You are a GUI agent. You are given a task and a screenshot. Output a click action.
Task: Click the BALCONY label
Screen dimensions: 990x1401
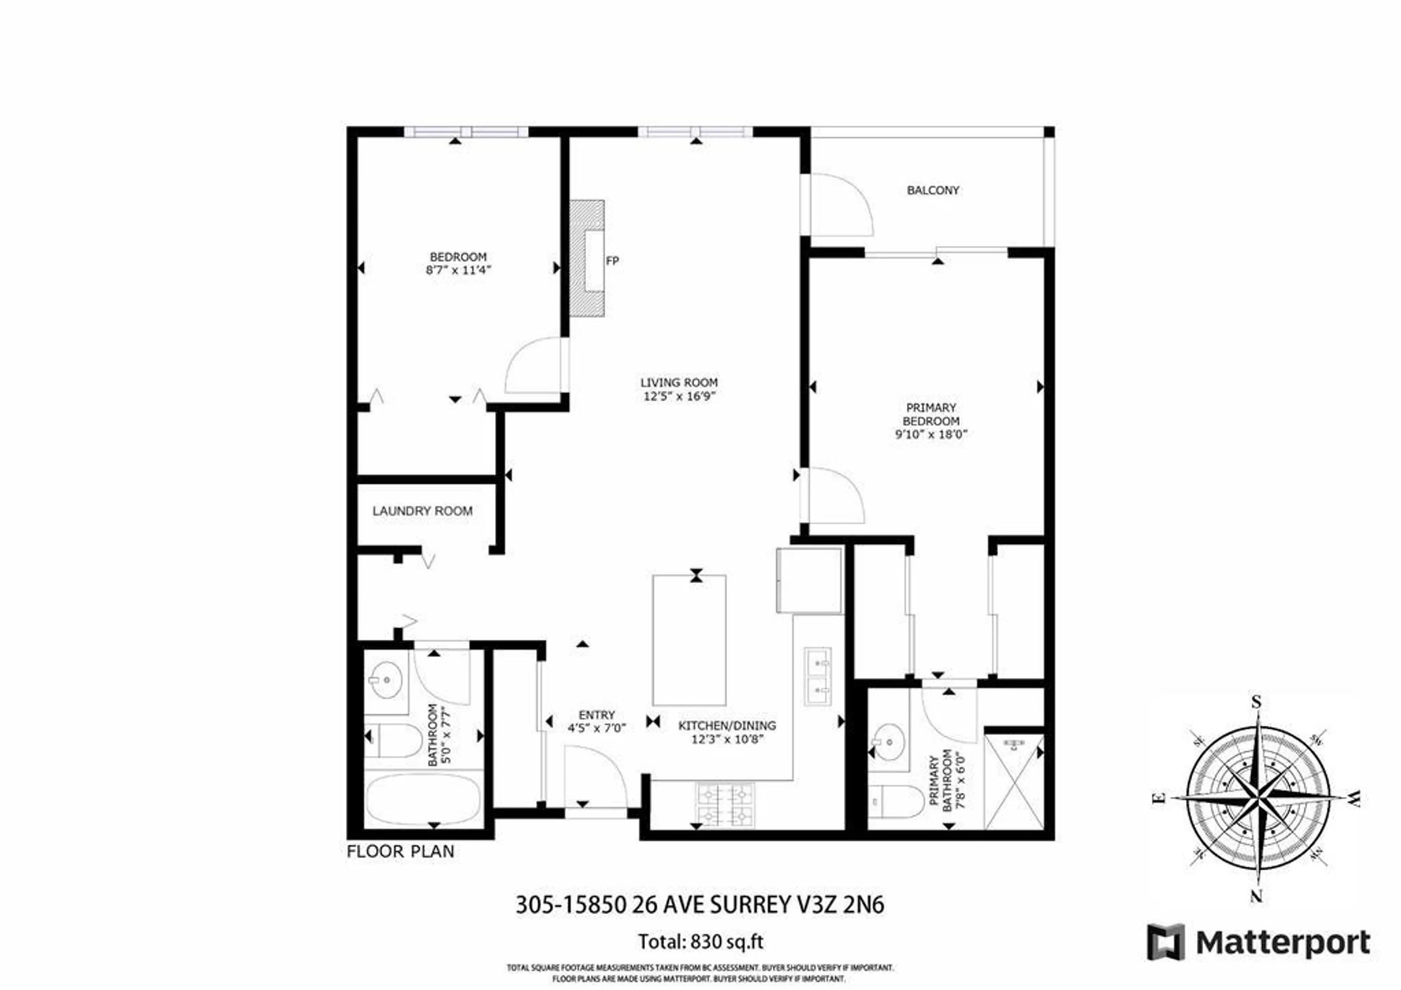933,190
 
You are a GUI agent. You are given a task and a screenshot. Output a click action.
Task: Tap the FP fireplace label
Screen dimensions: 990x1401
612,261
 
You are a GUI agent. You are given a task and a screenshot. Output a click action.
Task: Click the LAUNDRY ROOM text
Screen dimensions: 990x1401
422,511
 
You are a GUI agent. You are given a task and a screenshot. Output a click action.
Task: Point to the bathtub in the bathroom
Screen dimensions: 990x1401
424,799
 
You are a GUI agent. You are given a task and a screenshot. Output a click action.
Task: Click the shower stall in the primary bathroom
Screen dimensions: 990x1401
1014,783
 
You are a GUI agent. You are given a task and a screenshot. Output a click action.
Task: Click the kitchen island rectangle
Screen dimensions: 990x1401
689,640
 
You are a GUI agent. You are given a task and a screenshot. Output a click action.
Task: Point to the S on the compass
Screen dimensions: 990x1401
1256,702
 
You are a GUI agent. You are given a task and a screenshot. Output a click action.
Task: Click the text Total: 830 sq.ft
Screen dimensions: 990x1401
700,942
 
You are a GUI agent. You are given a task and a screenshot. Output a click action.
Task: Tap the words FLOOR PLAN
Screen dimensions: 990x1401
400,851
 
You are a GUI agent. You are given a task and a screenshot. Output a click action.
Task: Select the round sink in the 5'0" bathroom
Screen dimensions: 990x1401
385,679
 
